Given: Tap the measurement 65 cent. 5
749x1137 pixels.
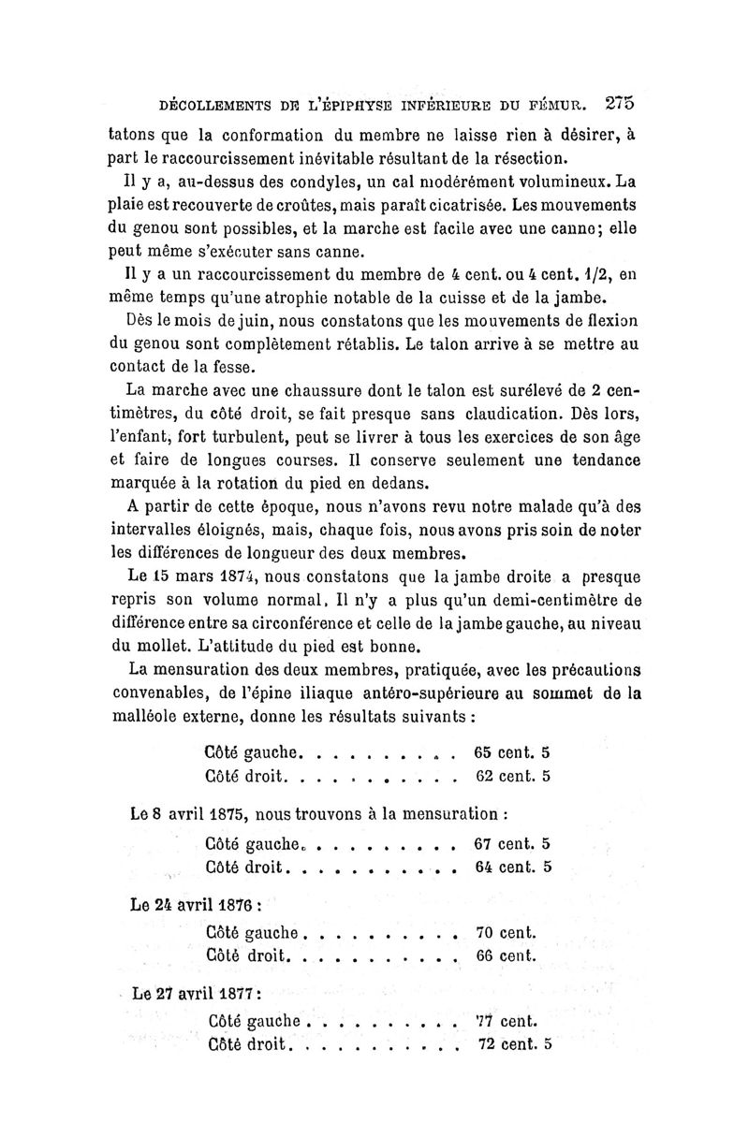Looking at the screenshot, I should pyautogui.click(x=512, y=751).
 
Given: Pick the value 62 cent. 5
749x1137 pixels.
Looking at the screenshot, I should pyautogui.click(x=512, y=776).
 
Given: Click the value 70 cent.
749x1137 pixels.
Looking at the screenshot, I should pyautogui.click(x=506, y=932).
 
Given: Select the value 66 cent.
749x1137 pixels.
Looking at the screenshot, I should pyautogui.click(x=506, y=956).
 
